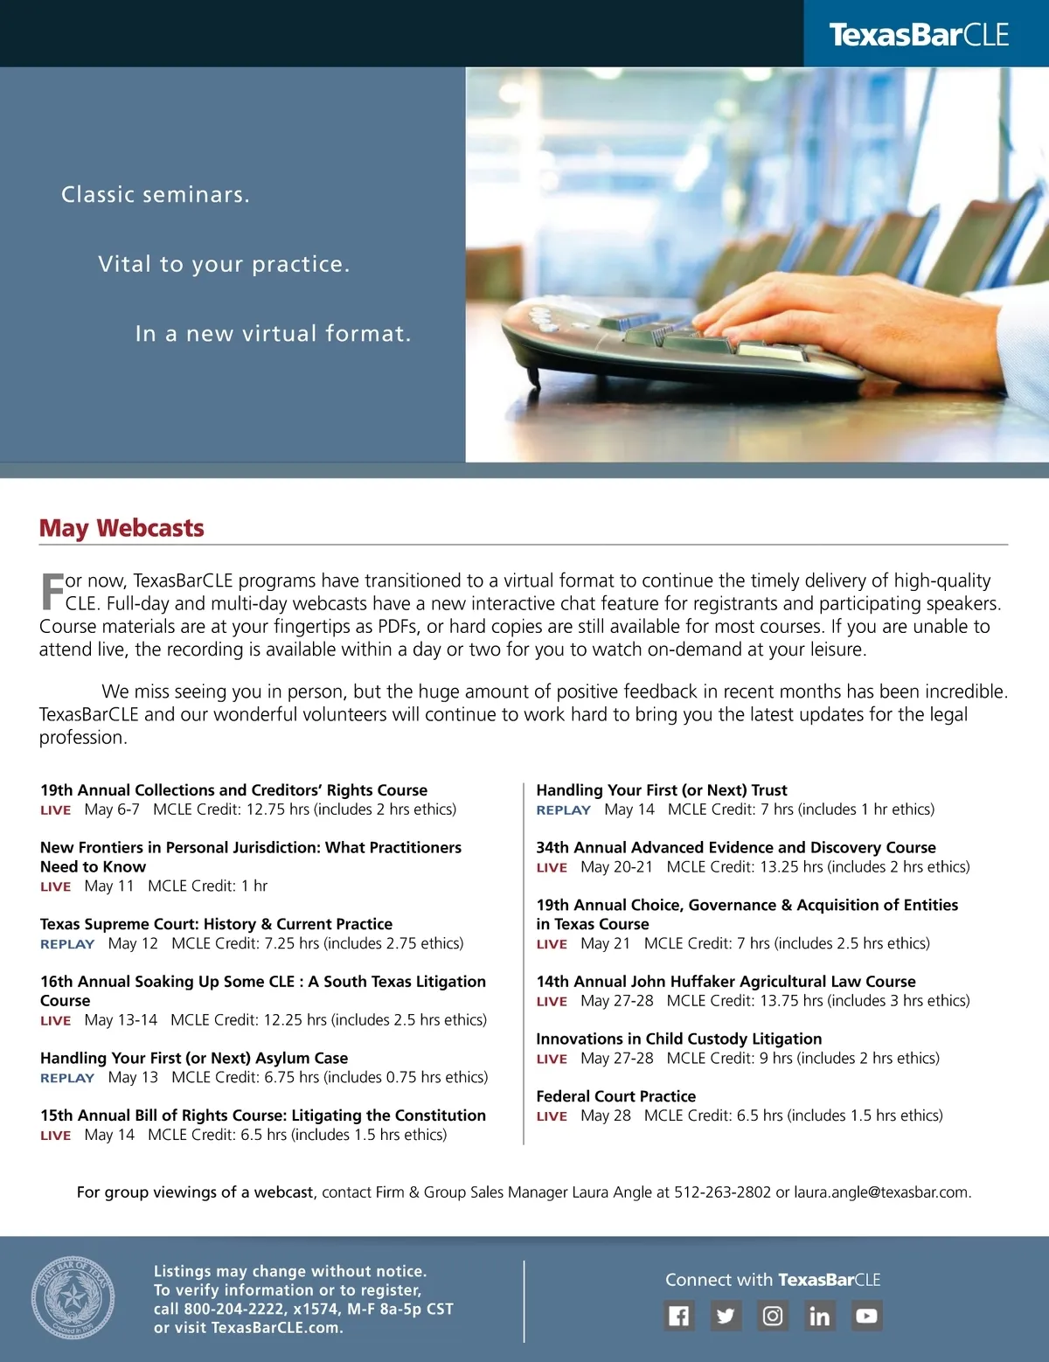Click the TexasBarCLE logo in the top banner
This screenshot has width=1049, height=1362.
pos(919,35)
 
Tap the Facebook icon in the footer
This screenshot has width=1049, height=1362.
pos(679,1316)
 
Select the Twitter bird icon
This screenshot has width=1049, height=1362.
pos(726,1316)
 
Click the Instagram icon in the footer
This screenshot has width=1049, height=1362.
pos(773,1316)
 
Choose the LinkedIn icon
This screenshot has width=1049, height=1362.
pos(819,1316)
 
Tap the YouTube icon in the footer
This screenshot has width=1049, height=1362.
pos(866,1316)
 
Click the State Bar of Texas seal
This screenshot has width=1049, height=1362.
pos(73,1298)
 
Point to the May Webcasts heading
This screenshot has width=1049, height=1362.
pos(122,528)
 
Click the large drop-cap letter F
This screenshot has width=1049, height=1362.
pos(52,592)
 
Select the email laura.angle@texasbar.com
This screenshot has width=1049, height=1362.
pos(881,1192)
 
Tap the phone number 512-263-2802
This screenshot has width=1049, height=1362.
pos(722,1192)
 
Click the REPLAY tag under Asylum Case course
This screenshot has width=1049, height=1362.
pos(67,1078)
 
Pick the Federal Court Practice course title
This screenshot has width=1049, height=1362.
pos(616,1096)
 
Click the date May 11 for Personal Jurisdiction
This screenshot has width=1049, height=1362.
pos(109,886)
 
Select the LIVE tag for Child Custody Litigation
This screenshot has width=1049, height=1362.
pos(552,1059)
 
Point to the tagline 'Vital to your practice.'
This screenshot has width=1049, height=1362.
pos(224,264)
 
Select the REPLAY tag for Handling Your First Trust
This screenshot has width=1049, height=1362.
pos(564,810)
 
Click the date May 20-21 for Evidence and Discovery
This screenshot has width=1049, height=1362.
pos(616,867)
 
